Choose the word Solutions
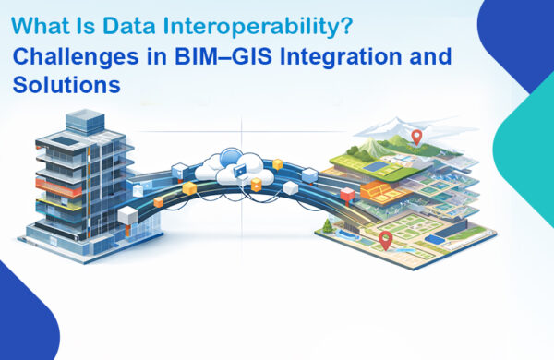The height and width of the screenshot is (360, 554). [67, 86]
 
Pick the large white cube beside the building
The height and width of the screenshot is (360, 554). [126, 217]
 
